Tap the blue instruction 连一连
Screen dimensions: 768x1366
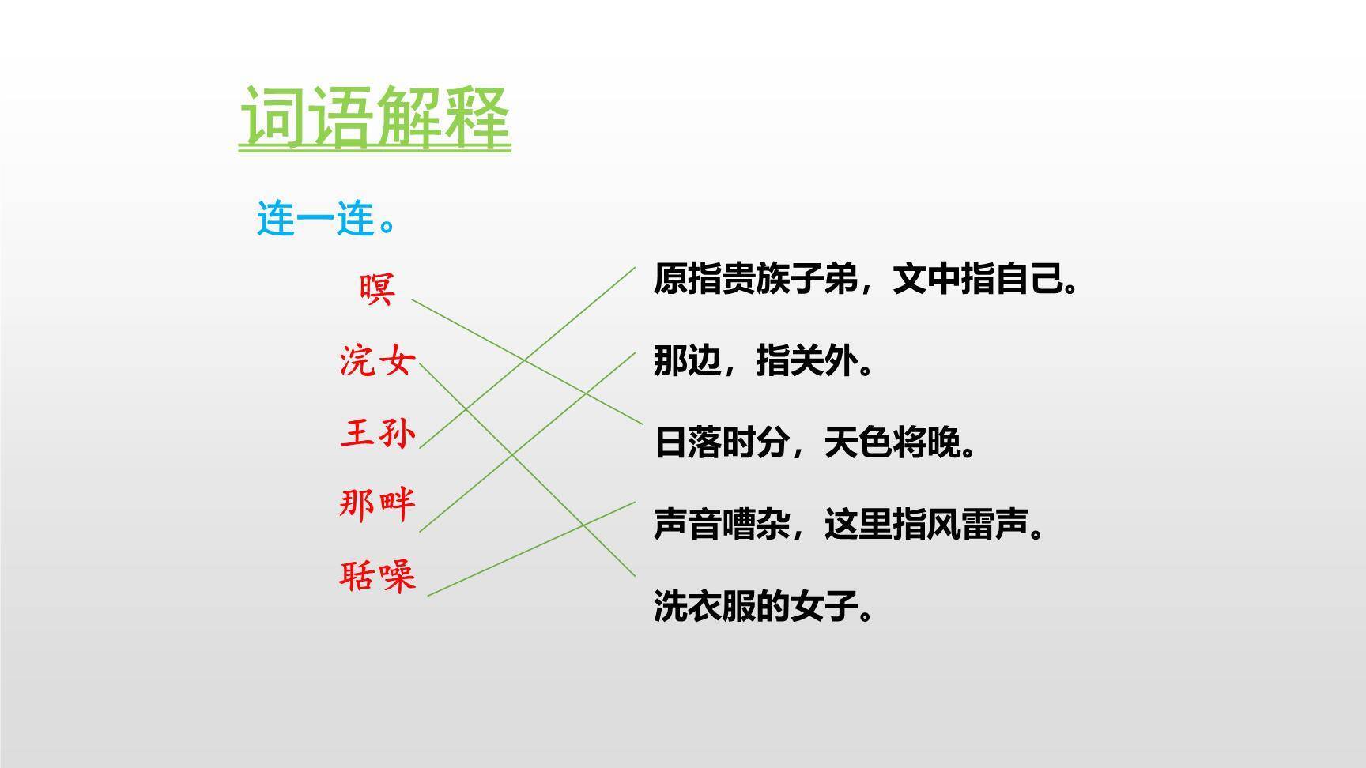pos(325,219)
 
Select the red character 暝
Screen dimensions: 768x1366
pos(377,289)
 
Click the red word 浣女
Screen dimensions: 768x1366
pos(377,361)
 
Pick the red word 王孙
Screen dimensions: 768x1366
pos(377,433)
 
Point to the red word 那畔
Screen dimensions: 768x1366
pos(377,503)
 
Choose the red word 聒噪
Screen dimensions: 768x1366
pos(377,576)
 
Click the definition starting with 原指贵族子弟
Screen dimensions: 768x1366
pos(866,279)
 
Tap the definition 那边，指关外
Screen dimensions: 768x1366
pos(763,361)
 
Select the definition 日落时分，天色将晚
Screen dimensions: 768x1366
pos(814,442)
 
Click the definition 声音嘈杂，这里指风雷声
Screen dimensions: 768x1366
pos(848,525)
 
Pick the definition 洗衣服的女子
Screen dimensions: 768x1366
pos(763,607)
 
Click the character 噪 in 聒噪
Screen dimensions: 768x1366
pos(397,576)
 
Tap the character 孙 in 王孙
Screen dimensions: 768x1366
pos(397,433)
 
